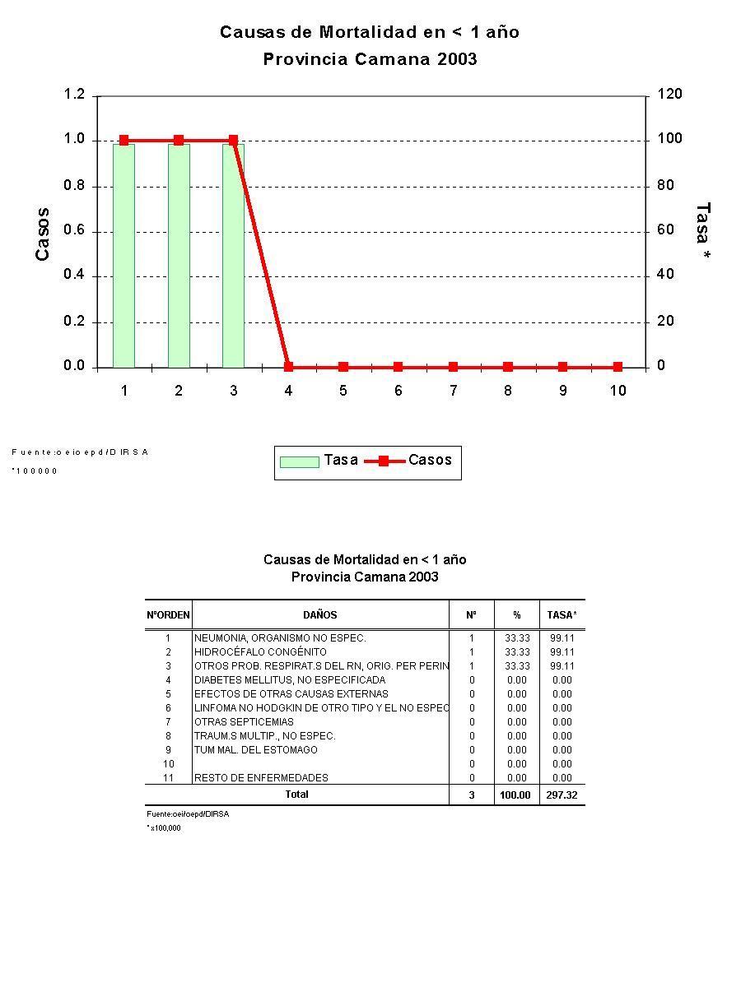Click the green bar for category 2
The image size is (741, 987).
[179, 255]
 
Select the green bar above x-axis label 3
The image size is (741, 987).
[233, 255]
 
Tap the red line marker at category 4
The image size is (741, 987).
[288, 367]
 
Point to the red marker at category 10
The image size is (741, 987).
[617, 367]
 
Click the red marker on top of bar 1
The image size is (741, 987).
[123, 141]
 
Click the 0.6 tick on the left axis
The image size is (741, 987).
[74, 231]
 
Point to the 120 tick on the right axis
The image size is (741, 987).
[669, 95]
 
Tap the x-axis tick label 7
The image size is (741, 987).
[453, 391]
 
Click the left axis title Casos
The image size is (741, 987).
[43, 234]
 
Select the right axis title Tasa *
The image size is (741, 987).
[702, 233]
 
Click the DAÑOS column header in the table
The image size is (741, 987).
[320, 614]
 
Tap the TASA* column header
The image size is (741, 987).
[562, 614]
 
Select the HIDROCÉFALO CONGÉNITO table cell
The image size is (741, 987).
[260, 652]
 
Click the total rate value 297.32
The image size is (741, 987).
[562, 795]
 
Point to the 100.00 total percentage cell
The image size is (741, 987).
[515, 795]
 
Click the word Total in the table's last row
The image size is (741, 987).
[296, 795]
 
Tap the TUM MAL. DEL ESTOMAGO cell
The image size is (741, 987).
[255, 750]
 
